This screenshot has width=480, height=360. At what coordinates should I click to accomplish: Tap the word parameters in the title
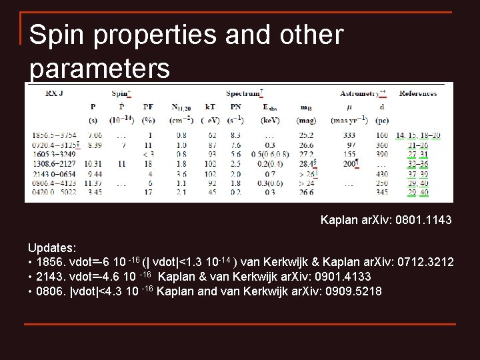[100, 68]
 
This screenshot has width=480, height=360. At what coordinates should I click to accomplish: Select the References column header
[418, 94]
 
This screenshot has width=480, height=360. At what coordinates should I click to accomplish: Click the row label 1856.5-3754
[59, 135]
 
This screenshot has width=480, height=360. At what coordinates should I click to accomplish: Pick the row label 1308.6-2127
[59, 163]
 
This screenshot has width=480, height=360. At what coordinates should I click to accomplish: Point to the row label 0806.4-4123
[59, 182]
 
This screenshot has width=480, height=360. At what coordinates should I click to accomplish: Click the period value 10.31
[93, 163]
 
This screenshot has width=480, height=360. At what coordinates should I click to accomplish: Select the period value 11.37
[93, 182]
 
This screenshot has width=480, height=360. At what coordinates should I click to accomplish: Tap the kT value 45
[211, 192]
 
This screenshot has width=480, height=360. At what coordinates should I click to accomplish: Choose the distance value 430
[381, 173]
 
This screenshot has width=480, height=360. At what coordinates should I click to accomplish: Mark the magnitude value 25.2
[306, 135]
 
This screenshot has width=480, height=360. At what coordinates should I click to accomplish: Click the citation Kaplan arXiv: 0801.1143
[385, 219]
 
